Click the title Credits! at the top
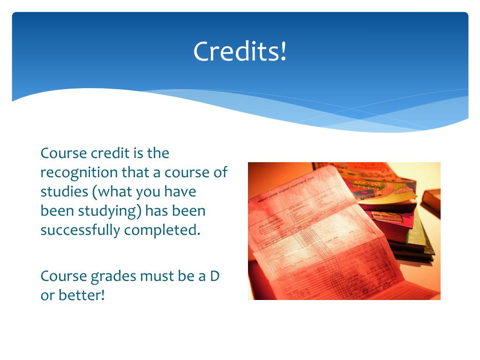(240, 51)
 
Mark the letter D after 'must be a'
(214, 276)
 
